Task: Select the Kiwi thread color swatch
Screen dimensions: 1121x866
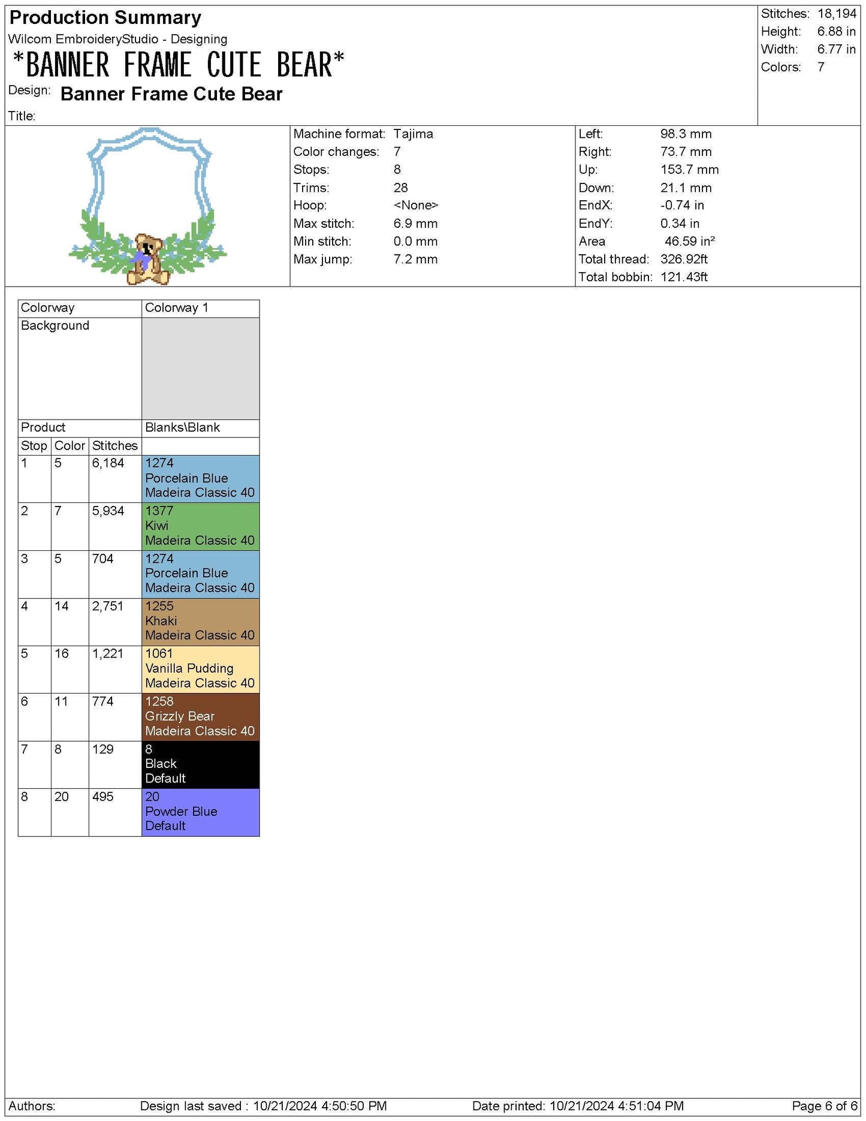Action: pyautogui.click(x=200, y=526)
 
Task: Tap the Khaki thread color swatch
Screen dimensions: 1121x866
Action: pyautogui.click(x=200, y=621)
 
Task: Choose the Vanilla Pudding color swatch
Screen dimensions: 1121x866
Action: pyautogui.click(x=200, y=668)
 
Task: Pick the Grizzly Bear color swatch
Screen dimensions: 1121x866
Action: pyautogui.click(x=200, y=716)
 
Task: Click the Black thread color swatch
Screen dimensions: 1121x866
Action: pyautogui.click(x=200, y=764)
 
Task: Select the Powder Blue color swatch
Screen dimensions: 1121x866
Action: pyautogui.click(x=200, y=812)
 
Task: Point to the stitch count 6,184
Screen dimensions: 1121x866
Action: pyautogui.click(x=108, y=463)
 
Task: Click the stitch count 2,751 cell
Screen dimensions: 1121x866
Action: pyautogui.click(x=108, y=606)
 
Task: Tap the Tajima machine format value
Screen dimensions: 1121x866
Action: pyautogui.click(x=413, y=134)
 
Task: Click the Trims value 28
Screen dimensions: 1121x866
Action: pyautogui.click(x=400, y=188)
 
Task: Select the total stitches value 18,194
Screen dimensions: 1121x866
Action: pyautogui.click(x=837, y=14)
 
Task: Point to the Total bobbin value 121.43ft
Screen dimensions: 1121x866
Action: pyautogui.click(x=684, y=277)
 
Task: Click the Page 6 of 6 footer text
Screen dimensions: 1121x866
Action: pyautogui.click(x=824, y=1105)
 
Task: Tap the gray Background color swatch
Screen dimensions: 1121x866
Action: pyautogui.click(x=200, y=368)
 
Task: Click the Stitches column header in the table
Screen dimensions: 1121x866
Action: pyautogui.click(x=114, y=446)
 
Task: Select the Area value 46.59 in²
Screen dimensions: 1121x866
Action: pyautogui.click(x=689, y=242)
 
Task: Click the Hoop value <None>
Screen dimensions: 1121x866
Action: pyautogui.click(x=415, y=206)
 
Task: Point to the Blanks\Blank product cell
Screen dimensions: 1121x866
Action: pyautogui.click(x=182, y=427)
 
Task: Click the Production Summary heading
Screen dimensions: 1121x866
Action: pyautogui.click(x=105, y=18)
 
